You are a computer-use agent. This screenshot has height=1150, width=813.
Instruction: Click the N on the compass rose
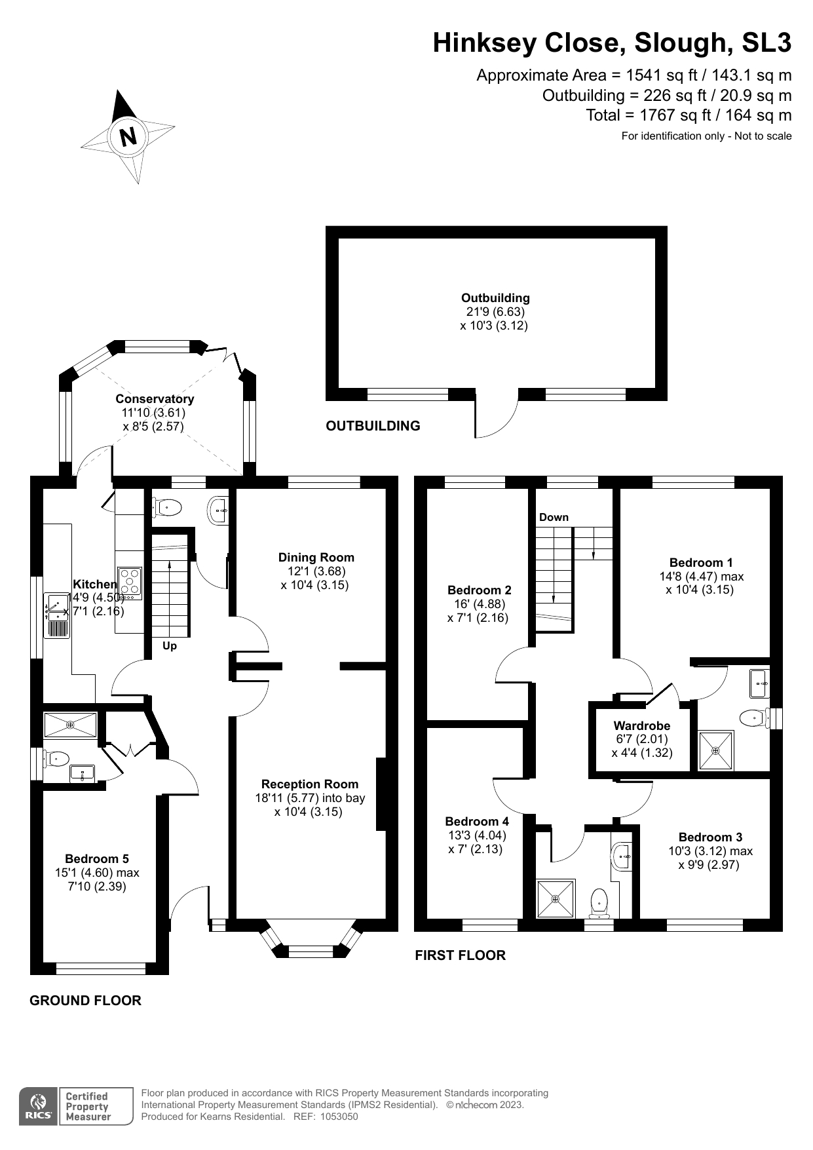(x=128, y=136)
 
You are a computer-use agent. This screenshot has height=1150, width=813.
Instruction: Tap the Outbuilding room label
(x=495, y=297)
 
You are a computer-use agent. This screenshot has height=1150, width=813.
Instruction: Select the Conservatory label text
(x=155, y=398)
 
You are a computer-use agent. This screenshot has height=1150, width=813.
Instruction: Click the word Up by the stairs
(x=170, y=646)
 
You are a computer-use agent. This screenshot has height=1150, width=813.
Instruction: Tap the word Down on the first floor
(x=554, y=517)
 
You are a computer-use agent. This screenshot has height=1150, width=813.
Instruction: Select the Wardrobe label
(x=641, y=725)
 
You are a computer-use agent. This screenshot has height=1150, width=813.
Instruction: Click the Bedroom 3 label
(x=710, y=837)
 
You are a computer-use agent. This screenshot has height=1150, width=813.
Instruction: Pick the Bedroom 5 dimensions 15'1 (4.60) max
(x=97, y=873)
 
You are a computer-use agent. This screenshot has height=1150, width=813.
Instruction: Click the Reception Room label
(x=310, y=784)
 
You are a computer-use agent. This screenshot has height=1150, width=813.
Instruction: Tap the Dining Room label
(x=316, y=557)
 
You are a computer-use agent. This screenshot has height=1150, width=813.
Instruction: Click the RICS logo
(x=39, y=1107)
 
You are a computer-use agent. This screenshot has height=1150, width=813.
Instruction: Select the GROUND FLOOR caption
(x=85, y=1001)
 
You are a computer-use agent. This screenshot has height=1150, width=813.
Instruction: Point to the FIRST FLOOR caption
(x=460, y=955)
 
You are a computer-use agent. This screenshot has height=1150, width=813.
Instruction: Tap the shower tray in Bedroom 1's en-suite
(x=716, y=751)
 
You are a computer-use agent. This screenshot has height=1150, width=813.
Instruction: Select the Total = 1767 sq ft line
(x=688, y=115)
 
